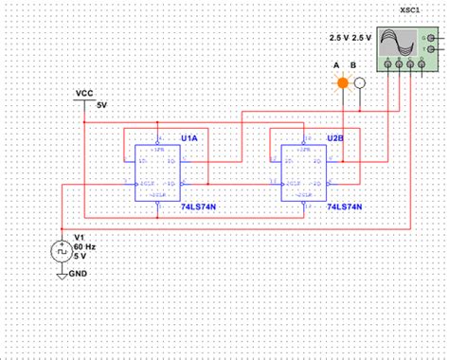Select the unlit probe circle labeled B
pos(359,82)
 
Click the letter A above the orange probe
pos(336,65)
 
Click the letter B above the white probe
pos(353,65)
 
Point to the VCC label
pos(84,94)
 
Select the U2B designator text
pos(335,138)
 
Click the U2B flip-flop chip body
pos(304,172)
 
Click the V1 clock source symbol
pos(63,252)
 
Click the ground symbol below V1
pos(63,274)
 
